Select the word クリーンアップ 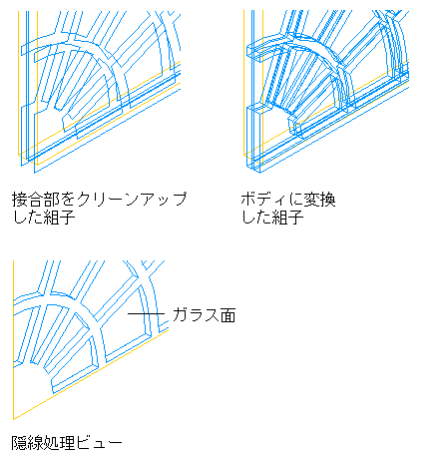pyautogui.click(x=132, y=200)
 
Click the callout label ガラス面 pyautogui.click(x=204, y=315)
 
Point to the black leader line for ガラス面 pyautogui.click(x=146, y=313)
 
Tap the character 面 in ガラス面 pyautogui.click(x=227, y=315)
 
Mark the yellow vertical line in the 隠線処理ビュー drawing pyautogui.click(x=13, y=339)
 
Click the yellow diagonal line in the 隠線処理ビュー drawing pyautogui.click(x=91, y=374)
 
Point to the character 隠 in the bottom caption pyautogui.click(x=20, y=443)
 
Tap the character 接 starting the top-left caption pyautogui.click(x=20, y=200)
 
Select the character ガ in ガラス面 pyautogui.click(x=180, y=315)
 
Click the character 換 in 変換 pyautogui.click(x=327, y=200)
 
